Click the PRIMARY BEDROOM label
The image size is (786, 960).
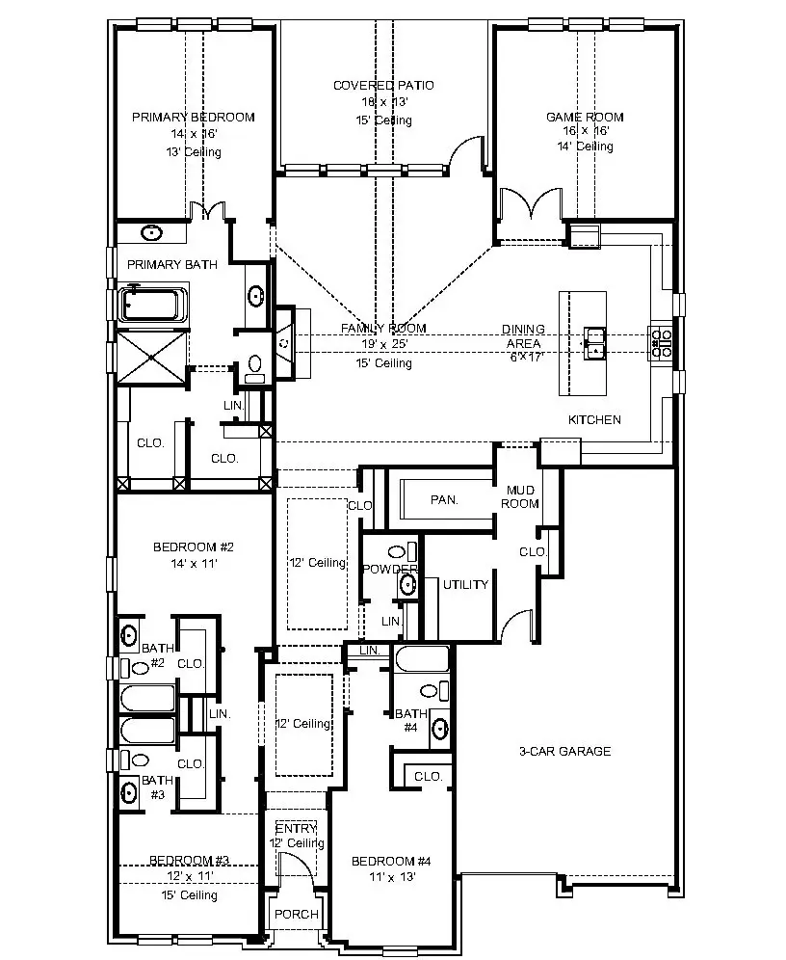193,118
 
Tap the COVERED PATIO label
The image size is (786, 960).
383,86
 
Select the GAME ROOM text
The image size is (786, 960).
585,118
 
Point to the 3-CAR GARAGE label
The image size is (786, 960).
564,751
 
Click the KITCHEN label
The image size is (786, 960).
594,419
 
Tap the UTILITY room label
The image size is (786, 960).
465,584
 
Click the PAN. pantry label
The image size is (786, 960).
443,499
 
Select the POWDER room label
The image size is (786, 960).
390,570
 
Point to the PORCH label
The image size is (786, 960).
296,914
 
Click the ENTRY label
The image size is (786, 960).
296,829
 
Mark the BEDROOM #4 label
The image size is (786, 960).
390,861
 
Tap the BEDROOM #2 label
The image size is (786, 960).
194,547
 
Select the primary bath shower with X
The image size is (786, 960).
153,356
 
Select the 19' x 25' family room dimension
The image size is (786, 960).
383,344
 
